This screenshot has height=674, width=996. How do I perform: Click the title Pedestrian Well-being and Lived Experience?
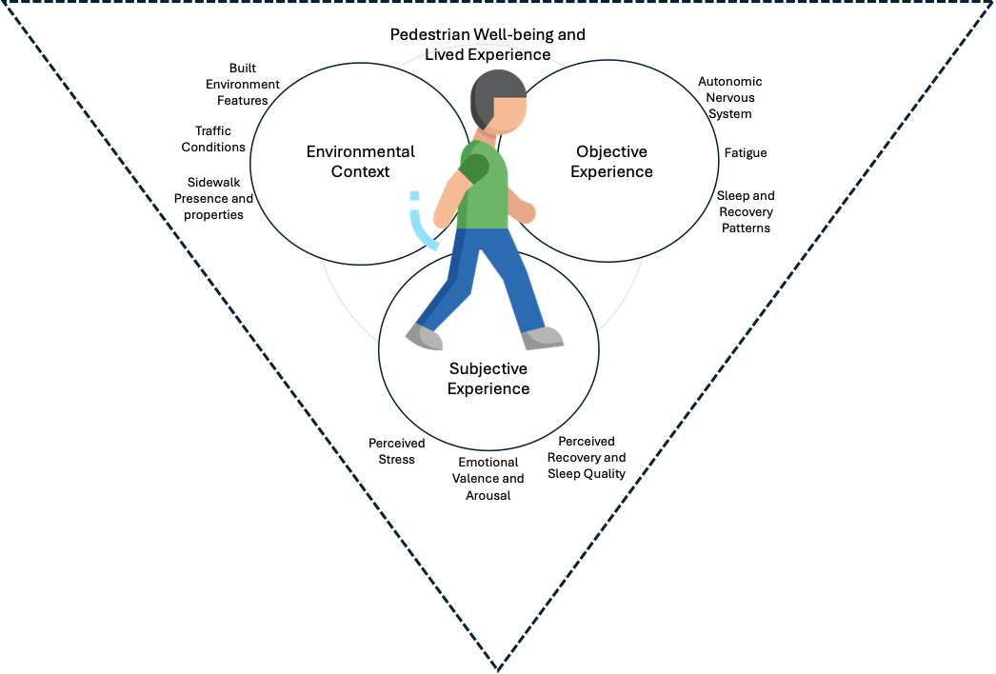[x=488, y=45]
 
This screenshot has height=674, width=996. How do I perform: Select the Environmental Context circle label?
[x=360, y=161]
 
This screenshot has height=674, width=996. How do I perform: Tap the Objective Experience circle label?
[x=611, y=161]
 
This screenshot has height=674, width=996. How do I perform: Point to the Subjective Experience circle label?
[x=488, y=379]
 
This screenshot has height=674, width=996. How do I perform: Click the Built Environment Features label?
[x=243, y=84]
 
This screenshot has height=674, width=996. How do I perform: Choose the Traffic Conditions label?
[x=213, y=138]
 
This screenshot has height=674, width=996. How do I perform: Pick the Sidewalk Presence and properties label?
[x=213, y=198]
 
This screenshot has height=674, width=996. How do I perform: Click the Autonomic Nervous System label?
[x=729, y=97]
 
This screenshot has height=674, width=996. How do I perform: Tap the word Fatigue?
[x=746, y=152]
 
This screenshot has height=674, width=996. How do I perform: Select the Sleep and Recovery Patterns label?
[x=746, y=211]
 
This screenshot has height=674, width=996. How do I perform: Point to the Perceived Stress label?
[x=396, y=451]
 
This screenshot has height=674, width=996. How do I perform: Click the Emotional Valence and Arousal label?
[x=488, y=478]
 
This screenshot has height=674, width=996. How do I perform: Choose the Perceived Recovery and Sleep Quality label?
[x=587, y=457]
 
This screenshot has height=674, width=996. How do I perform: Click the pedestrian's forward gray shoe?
[x=543, y=338]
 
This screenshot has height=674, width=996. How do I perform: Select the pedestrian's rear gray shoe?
[x=424, y=337]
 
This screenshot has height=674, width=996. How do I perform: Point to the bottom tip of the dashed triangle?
[x=499, y=669]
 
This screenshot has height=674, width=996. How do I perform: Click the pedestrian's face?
[x=510, y=114]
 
